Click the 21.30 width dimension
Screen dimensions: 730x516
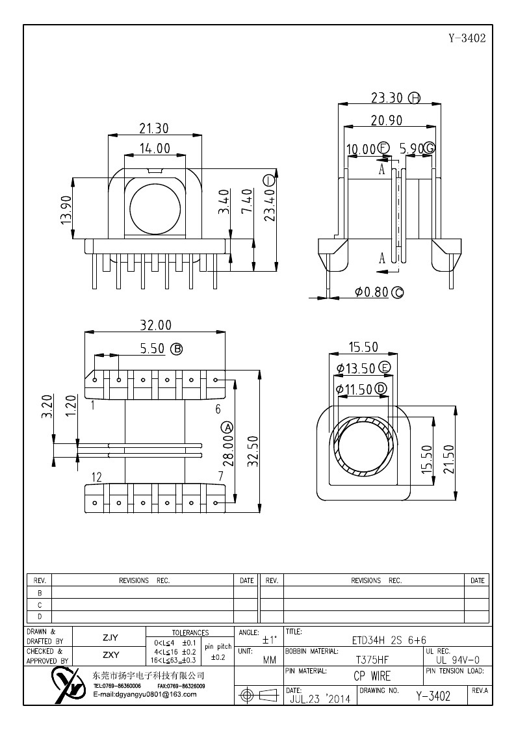(154, 128)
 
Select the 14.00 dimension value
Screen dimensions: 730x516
(154, 149)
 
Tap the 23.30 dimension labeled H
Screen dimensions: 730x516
(387, 98)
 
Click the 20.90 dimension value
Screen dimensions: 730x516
(387, 120)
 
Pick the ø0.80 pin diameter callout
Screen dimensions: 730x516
(372, 293)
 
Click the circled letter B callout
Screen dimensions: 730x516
(176, 349)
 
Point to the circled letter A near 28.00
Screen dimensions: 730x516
(227, 427)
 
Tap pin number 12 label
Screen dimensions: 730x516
(96, 477)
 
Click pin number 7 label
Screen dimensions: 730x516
(220, 477)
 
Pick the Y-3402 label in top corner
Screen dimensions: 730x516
(467, 37)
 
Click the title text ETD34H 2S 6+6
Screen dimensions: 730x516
(386, 640)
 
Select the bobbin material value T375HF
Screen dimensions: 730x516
(372, 658)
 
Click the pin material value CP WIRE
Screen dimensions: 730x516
(372, 676)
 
